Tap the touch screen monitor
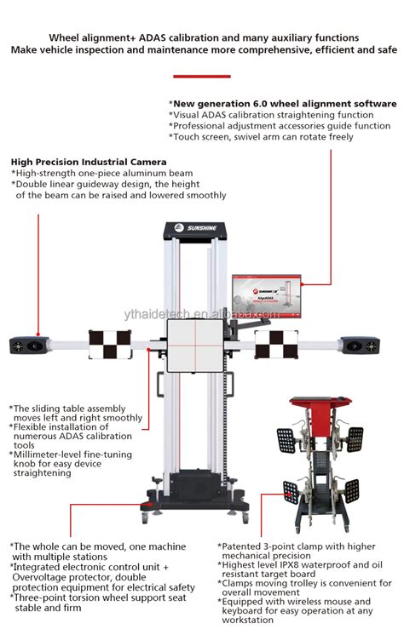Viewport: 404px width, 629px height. [x=263, y=297]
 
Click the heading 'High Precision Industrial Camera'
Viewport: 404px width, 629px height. [x=89, y=162]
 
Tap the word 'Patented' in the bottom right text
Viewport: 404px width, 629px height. [x=243, y=546]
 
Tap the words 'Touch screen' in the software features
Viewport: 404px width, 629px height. [x=201, y=137]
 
